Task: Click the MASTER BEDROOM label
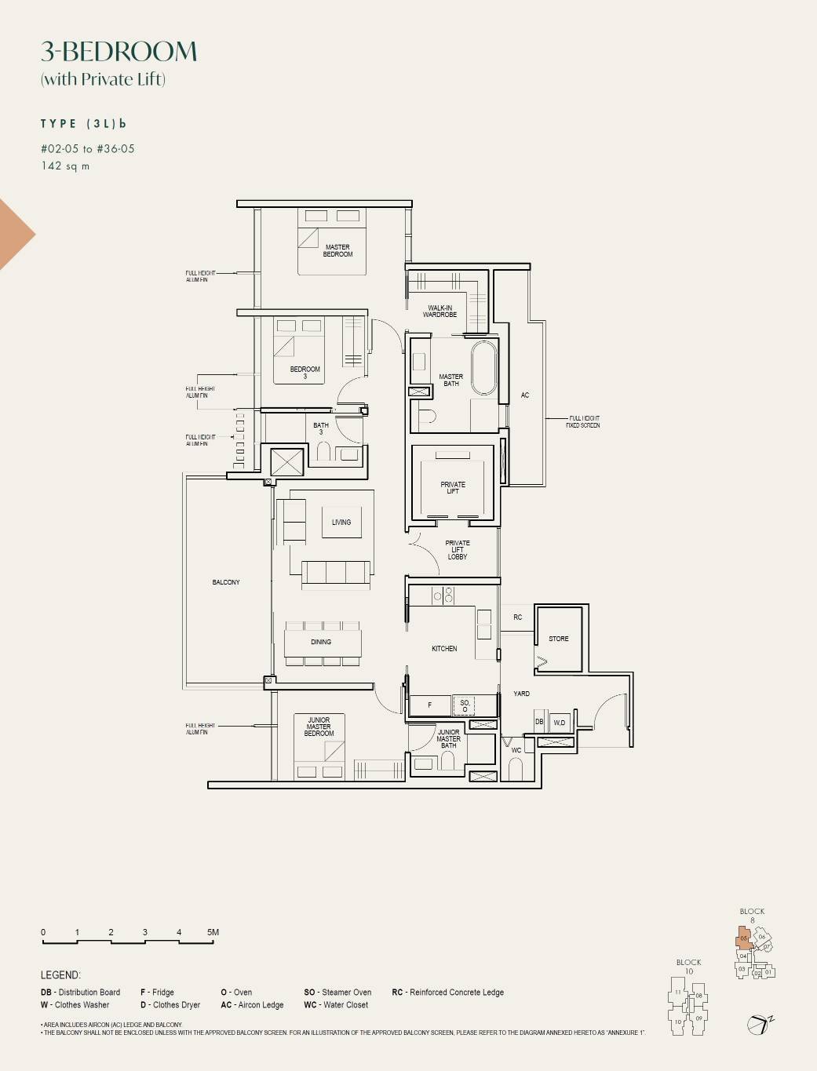click(337, 250)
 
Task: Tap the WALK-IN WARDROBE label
click(440, 311)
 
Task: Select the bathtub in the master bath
click(483, 366)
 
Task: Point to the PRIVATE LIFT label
click(453, 487)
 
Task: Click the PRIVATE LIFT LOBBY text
click(457, 550)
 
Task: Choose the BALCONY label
click(226, 582)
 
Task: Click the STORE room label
click(559, 639)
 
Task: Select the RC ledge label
click(517, 617)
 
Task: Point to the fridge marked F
click(429, 705)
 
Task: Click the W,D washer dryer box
click(560, 722)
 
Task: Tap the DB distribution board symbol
click(539, 722)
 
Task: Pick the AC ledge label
click(525, 395)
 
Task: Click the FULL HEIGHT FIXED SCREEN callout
click(582, 421)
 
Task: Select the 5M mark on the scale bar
click(213, 933)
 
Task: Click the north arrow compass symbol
click(758, 1023)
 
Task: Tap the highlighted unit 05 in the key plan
click(744, 938)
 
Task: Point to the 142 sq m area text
click(65, 166)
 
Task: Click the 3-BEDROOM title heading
click(119, 52)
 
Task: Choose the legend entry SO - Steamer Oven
click(337, 993)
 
